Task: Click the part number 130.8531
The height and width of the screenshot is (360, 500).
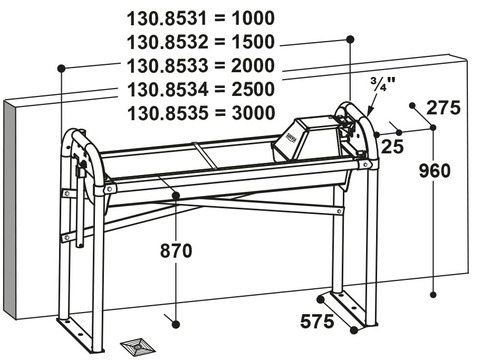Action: tap(167, 18)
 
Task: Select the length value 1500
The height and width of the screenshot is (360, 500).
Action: tap(253, 42)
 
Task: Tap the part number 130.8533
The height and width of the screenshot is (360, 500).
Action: tap(167, 66)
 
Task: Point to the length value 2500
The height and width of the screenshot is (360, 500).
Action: tap(253, 89)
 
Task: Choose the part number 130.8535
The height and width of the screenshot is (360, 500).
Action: tap(167, 113)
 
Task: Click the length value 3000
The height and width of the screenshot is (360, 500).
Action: tap(253, 113)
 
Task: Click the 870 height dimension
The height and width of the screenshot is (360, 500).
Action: tap(176, 251)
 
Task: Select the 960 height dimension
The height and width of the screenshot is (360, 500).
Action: tap(434, 171)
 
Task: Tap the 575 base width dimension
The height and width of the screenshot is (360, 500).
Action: tap(317, 321)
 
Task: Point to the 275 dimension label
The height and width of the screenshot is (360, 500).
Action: tap(444, 108)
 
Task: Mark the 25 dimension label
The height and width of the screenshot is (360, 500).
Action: tap(392, 146)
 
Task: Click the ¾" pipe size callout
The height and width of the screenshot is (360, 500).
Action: tap(383, 83)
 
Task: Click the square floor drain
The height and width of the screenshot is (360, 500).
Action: tap(137, 347)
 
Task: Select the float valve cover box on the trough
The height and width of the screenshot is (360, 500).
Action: tap(305, 139)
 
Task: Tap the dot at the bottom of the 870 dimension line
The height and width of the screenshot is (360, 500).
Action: tap(176, 324)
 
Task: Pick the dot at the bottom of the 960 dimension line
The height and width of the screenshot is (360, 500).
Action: tap(433, 295)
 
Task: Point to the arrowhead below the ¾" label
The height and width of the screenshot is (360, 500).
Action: tap(369, 110)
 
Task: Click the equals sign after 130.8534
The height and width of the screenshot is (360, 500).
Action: tap(220, 89)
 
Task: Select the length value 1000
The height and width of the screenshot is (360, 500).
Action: tap(253, 18)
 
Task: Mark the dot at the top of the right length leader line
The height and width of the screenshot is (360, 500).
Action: tap(350, 39)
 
